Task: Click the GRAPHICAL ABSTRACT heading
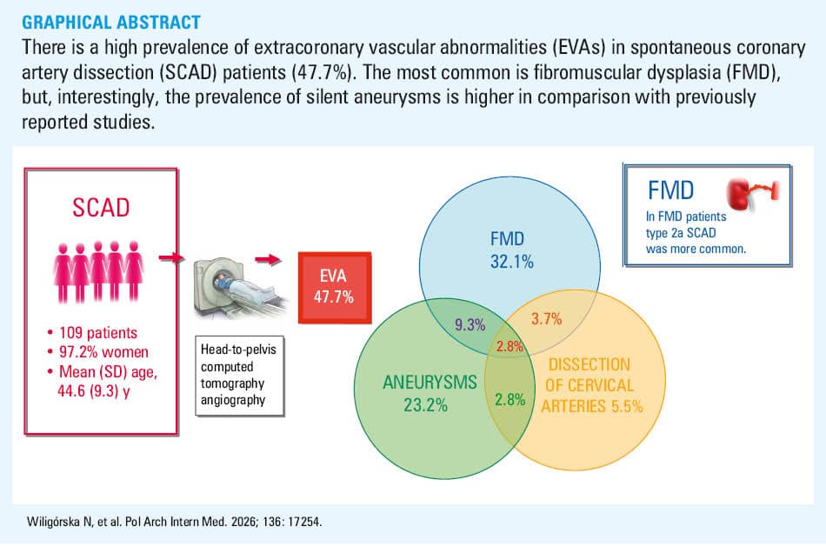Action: [111, 22]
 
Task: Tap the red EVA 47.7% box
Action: [335, 288]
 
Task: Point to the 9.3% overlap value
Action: [470, 325]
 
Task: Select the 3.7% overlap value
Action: [546, 318]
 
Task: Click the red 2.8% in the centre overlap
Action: [510, 346]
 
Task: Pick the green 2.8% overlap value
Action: [510, 400]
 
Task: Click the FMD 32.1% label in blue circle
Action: [511, 250]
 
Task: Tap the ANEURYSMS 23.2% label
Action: [429, 393]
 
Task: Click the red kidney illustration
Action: [751, 193]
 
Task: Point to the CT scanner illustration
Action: [240, 288]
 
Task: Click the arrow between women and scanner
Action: [172, 257]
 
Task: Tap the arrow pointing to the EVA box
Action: [268, 259]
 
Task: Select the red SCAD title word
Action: [101, 208]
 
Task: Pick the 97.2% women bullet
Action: [97, 352]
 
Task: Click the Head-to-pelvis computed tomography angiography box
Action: [240, 376]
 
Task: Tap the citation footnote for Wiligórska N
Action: [174, 522]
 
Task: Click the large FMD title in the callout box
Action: [670, 190]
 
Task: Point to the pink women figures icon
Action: [98, 271]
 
